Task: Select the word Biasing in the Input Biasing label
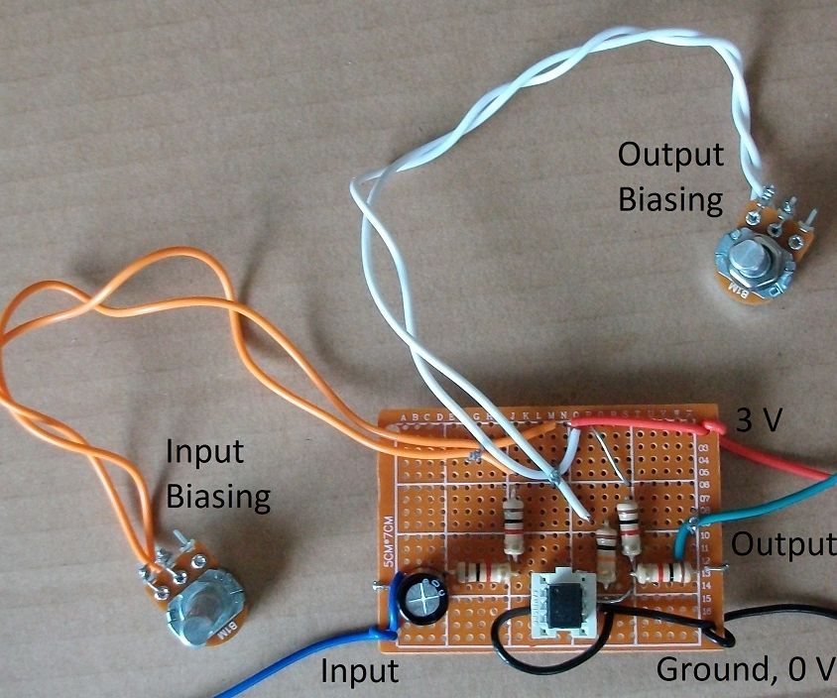coord(218,496)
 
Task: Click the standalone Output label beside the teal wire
coord(783,544)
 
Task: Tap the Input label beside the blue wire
coord(359,671)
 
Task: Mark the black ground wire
coord(783,612)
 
